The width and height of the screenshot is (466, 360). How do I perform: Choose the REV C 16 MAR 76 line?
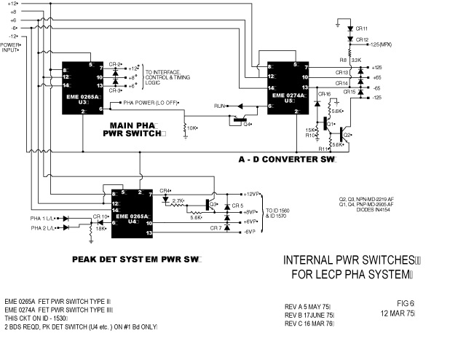309,323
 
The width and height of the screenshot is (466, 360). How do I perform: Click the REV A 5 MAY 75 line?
307,306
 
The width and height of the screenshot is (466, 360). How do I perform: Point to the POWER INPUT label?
11,47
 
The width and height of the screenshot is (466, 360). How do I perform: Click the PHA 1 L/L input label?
45,218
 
